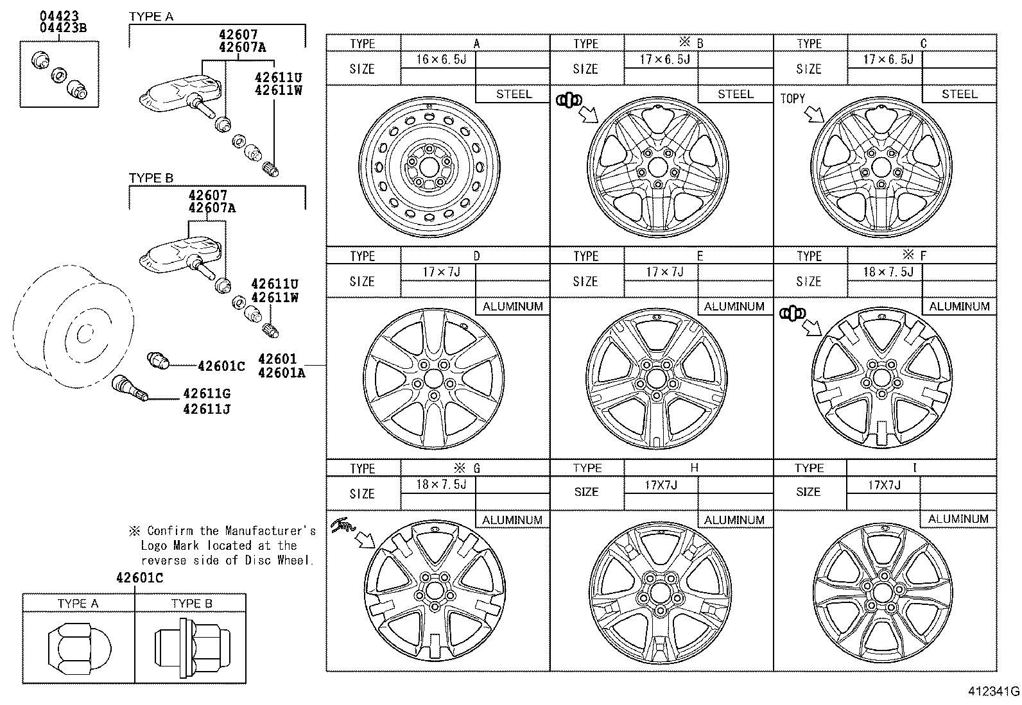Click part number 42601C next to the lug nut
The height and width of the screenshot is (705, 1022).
pyautogui.click(x=221, y=366)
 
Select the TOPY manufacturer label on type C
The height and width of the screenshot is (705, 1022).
pyautogui.click(x=792, y=98)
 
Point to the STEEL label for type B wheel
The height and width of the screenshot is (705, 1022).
pyautogui.click(x=736, y=94)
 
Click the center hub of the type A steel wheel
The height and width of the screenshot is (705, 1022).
pyautogui.click(x=428, y=167)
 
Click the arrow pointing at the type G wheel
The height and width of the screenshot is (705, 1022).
pyautogui.click(x=366, y=540)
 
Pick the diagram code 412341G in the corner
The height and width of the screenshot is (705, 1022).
pyautogui.click(x=994, y=692)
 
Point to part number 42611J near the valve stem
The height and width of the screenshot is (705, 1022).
pyautogui.click(x=206, y=409)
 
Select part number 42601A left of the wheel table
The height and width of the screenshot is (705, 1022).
pyautogui.click(x=281, y=373)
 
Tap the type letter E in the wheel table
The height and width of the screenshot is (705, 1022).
pyautogui.click(x=700, y=256)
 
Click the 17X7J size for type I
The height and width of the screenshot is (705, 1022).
pyautogui.click(x=884, y=485)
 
